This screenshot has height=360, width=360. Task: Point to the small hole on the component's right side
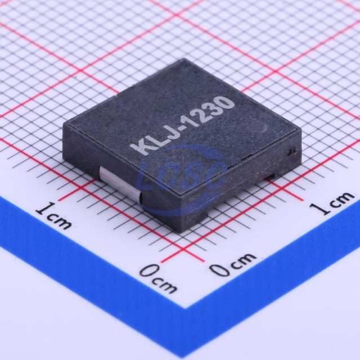(292, 151)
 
